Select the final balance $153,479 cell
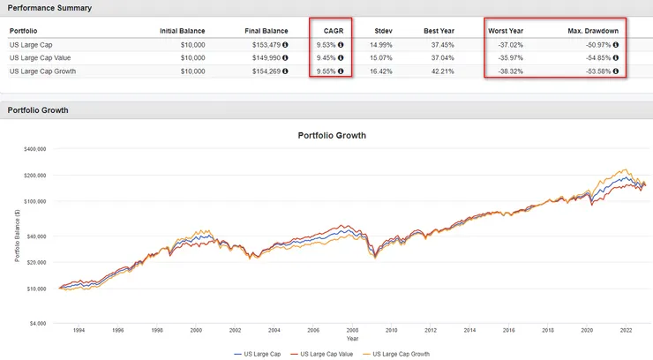pos(264,44)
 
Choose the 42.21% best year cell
pos(438,69)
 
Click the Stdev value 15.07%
pos(381,56)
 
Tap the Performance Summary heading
pos(43,7)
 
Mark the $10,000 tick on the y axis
pos(38,289)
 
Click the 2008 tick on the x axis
pos(351,331)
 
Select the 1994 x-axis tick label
pos(78,331)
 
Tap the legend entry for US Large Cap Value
pos(323,353)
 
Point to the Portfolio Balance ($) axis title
pos(17,236)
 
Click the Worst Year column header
pos(506,31)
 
